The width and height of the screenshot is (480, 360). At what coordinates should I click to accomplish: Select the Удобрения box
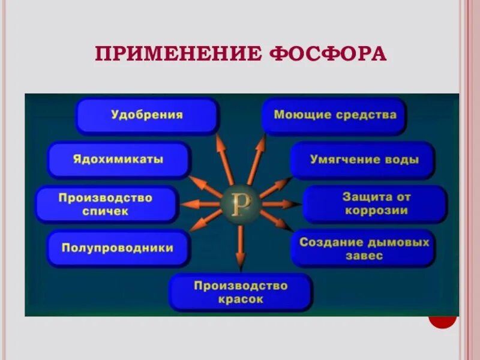tap(147, 115)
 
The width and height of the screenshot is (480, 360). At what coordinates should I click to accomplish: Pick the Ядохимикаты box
tap(119, 160)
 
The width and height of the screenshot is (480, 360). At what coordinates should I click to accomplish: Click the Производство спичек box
tap(106, 204)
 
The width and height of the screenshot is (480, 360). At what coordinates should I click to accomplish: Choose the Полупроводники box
tap(118, 248)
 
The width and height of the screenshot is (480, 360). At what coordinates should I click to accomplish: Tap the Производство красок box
tap(241, 292)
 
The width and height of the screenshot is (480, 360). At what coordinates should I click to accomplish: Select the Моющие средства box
tap(334, 115)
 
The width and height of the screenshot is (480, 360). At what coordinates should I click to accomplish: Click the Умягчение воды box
tap(363, 160)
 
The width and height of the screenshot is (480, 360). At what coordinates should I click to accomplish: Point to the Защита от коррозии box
tap(376, 204)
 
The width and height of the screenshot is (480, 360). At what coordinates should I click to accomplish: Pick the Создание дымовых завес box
tap(364, 248)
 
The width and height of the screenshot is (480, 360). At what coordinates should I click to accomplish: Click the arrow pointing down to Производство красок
tap(241, 246)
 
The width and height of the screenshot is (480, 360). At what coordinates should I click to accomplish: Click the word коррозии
tap(376, 211)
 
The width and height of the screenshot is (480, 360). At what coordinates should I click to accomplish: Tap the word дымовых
tap(397, 242)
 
